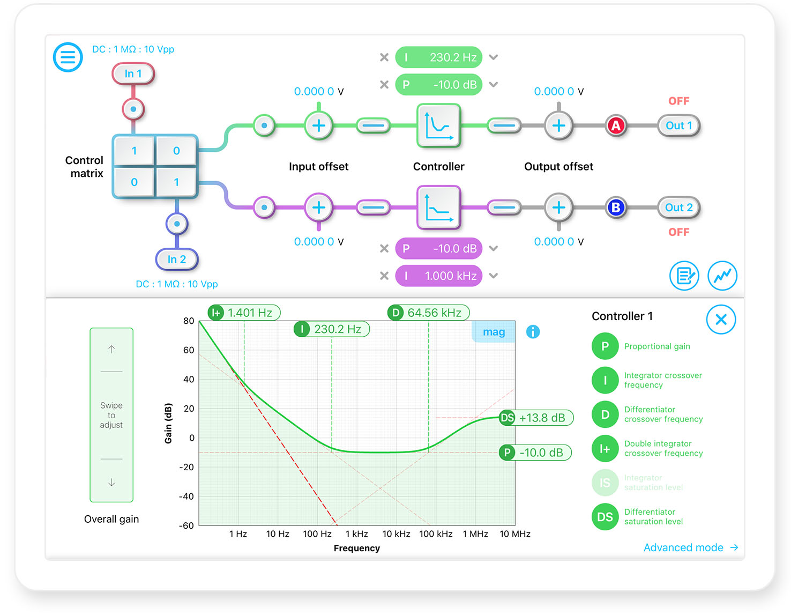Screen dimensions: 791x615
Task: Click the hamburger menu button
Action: [x=68, y=57]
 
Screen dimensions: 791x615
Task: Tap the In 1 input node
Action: [x=133, y=74]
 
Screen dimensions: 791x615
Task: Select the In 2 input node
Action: [x=176, y=260]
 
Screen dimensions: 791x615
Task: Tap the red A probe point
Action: [x=616, y=125]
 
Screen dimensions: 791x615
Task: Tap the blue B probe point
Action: [x=616, y=208]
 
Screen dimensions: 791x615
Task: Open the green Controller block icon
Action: [x=438, y=125]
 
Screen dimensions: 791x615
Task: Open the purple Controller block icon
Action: [x=438, y=208]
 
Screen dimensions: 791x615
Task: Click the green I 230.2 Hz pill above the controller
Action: [x=438, y=57]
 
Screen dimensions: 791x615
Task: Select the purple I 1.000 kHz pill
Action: [x=438, y=276]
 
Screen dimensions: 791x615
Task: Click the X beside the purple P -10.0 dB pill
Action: [x=384, y=248]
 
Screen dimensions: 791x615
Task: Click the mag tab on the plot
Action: [x=493, y=332]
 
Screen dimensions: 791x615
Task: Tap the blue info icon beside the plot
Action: [x=533, y=332]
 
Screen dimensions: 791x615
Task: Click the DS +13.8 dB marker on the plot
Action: [x=535, y=418]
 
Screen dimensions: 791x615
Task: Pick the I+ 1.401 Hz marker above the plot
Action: [x=243, y=313]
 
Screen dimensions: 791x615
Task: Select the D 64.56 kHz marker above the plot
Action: [x=428, y=313]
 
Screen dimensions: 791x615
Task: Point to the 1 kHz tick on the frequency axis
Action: [x=356, y=534]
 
